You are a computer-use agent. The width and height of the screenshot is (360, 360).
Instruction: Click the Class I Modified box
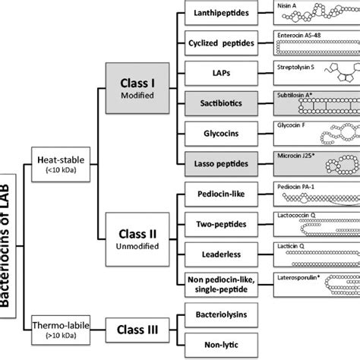[137, 87]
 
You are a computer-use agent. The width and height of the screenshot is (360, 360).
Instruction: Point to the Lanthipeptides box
[224, 14]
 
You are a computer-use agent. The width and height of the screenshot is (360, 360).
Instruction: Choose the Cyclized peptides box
[224, 43]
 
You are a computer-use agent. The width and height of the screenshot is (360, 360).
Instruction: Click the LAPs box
[224, 73]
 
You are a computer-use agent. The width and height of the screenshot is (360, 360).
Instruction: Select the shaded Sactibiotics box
[224, 103]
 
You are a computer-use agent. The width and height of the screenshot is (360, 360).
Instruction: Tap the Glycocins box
[224, 132]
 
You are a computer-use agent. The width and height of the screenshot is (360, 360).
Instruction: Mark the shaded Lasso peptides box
[224, 162]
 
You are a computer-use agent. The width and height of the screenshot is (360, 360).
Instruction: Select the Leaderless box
[224, 257]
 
